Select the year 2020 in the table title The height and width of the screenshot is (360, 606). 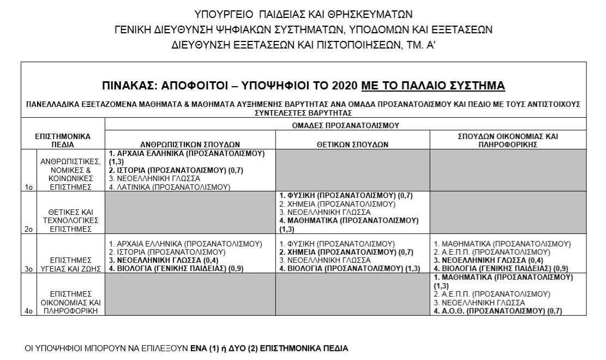[x=345, y=86]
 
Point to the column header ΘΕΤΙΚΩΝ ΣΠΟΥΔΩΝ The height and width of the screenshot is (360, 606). [x=352, y=145]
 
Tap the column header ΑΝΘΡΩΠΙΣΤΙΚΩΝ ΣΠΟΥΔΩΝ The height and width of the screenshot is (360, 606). [x=190, y=145]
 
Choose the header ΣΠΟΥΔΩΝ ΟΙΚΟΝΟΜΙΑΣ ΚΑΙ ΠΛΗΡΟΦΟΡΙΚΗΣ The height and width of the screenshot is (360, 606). [x=508, y=140]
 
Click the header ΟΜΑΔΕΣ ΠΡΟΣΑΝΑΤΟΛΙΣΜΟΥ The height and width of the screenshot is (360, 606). [x=345, y=125]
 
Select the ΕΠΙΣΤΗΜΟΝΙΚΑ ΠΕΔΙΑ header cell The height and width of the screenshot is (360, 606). [x=63, y=140]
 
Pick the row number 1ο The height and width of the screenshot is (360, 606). [x=29, y=187]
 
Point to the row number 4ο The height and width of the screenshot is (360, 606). [x=29, y=311]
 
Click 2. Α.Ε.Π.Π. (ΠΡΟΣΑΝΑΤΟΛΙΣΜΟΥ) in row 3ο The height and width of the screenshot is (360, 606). [x=492, y=252]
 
